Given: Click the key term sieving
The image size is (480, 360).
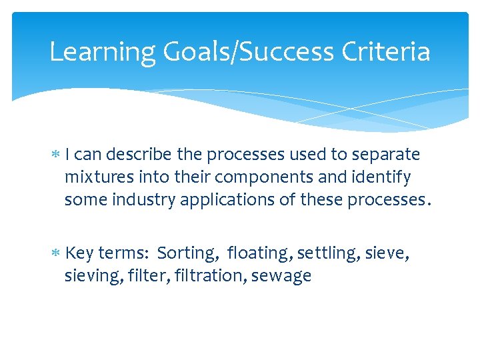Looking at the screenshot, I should click(x=87, y=276).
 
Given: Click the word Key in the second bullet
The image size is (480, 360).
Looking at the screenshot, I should click(x=80, y=254).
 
